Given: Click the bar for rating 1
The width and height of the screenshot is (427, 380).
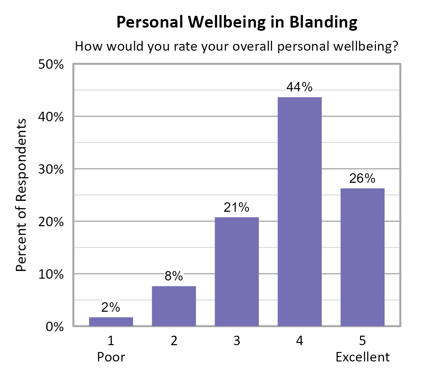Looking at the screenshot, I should pos(111,321).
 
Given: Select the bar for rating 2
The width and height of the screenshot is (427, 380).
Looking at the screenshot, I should pos(174,306).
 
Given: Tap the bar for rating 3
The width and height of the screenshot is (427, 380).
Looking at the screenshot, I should pos(237,271).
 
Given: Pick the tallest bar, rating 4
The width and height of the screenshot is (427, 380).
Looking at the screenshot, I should pos(300,211).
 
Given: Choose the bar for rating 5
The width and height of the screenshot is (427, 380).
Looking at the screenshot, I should pos(362,257).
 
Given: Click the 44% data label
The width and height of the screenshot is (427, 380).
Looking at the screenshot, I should pos(300,87).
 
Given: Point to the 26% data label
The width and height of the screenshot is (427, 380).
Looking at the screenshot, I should pos(362,179).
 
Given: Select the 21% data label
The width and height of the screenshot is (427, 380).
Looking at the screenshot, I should pos(237,208).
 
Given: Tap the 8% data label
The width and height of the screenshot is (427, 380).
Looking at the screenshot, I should pos(174,276).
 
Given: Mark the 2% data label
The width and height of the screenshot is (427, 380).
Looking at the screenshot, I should pos(111,308).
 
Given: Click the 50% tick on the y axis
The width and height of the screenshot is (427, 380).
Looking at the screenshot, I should pos(52,64).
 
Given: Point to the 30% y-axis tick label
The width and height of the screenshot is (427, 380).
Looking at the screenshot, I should pos(52,169).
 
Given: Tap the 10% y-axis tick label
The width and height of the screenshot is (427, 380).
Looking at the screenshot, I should pos(52,274).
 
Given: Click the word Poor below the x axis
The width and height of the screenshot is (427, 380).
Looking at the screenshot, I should pos(111,357).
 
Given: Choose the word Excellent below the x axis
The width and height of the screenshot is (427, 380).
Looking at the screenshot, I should pos(362,357).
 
